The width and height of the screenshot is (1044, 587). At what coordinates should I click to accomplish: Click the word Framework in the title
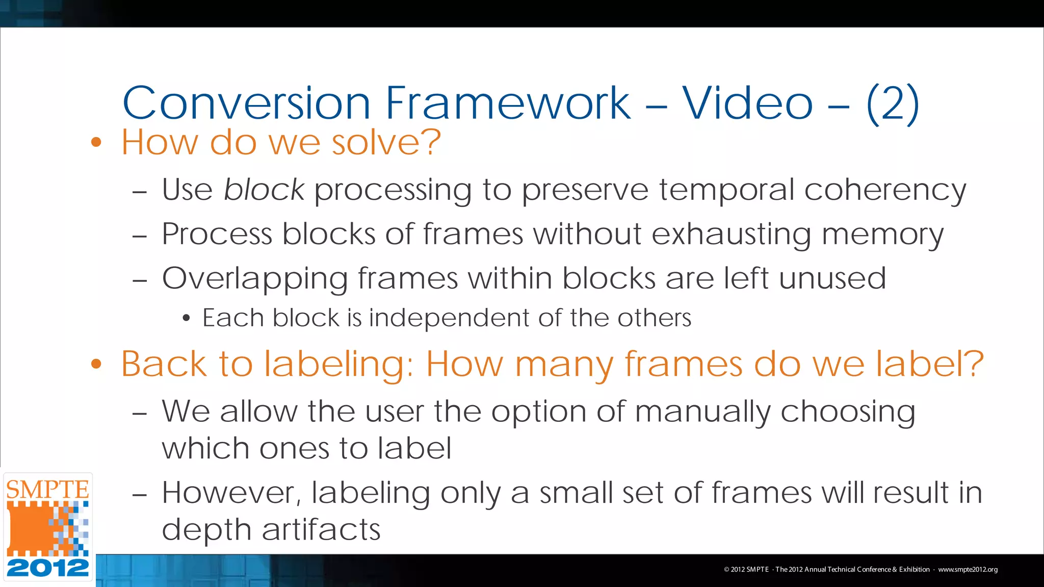tap(508, 103)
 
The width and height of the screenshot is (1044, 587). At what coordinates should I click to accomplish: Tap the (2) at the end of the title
tap(892, 104)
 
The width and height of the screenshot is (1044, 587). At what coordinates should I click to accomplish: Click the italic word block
tap(264, 190)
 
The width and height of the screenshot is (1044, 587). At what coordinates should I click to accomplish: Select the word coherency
tap(885, 191)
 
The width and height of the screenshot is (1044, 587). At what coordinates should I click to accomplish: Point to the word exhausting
tap(731, 235)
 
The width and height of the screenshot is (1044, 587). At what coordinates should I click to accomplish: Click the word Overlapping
tap(254, 279)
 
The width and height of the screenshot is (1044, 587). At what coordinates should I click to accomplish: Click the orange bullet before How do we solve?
tap(96, 142)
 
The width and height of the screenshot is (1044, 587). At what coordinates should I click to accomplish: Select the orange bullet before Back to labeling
tap(96, 364)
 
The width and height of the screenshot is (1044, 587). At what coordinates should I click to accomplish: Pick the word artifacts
tap(321, 529)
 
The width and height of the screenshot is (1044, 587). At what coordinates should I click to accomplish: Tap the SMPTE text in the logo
tap(47, 490)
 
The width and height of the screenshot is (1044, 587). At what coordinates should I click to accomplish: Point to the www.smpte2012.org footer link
tap(968, 570)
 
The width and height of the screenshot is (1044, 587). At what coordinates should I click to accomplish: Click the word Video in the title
tap(747, 103)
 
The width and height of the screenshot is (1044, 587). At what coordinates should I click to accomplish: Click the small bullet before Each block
tap(187, 318)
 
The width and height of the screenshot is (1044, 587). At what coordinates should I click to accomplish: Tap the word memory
tap(882, 235)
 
